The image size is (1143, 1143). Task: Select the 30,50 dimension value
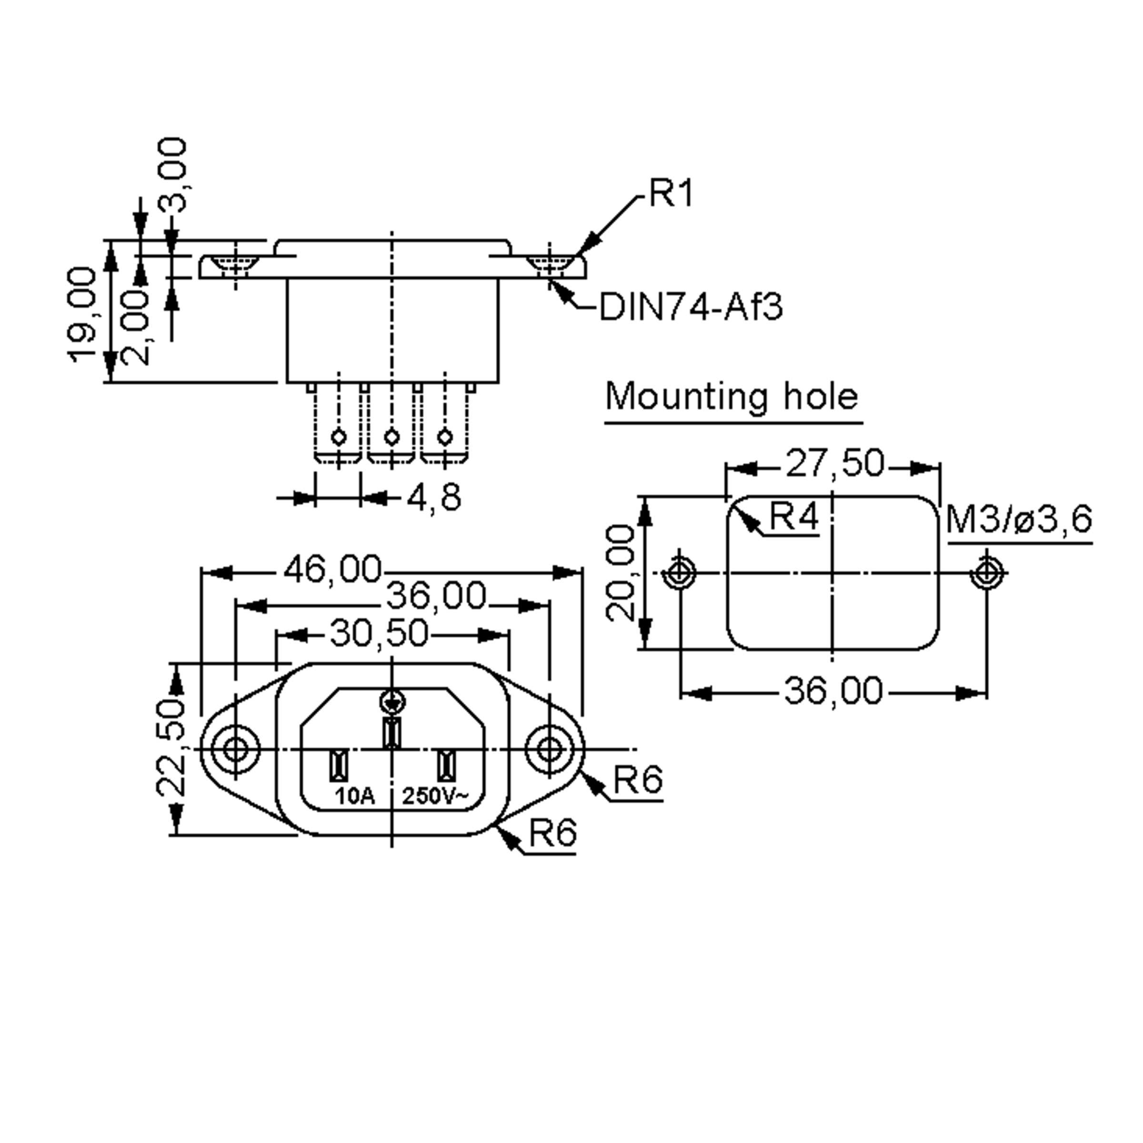[x=379, y=633]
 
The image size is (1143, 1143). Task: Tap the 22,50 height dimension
[x=171, y=748]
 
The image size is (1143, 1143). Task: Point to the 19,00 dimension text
[x=81, y=315]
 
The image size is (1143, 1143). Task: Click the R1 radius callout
[x=670, y=193]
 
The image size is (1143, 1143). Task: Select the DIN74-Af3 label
[x=691, y=307]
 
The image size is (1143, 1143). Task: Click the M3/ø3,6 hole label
[x=1019, y=520]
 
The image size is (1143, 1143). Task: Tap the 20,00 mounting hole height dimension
[x=621, y=572]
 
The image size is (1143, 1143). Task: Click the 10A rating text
[x=355, y=796]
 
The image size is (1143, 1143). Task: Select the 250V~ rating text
[x=435, y=796]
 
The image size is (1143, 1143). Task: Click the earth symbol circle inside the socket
[x=391, y=702]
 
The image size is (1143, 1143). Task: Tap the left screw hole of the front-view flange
[x=235, y=750]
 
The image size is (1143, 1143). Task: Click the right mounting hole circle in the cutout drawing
[x=986, y=572]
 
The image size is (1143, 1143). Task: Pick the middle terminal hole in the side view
[x=391, y=438]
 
